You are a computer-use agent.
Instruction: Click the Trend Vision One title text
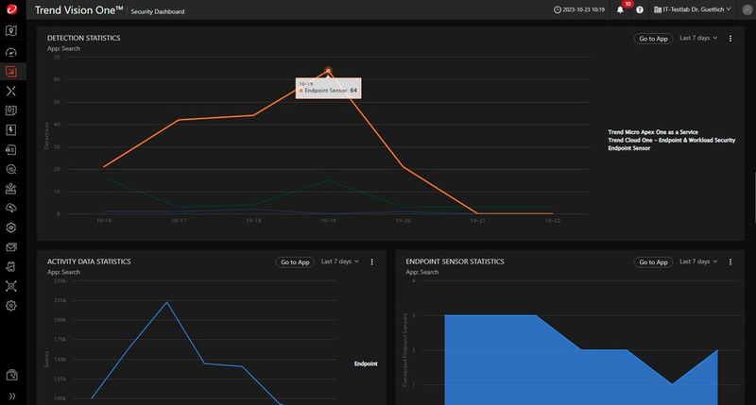click(79, 10)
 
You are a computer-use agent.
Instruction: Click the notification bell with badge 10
click(621, 9)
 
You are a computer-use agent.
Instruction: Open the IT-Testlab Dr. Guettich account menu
click(697, 9)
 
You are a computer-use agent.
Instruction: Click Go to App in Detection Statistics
click(653, 39)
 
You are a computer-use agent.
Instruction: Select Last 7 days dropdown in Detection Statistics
click(699, 39)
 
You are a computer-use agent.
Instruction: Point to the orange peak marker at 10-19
click(328, 70)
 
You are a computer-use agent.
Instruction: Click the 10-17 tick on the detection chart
click(179, 221)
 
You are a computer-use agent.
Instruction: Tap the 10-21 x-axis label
click(478, 221)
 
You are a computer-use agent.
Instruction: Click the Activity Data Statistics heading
click(89, 262)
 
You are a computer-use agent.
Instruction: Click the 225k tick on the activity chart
click(60, 300)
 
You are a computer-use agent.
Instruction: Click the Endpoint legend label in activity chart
click(366, 363)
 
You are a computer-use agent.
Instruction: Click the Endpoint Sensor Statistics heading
click(455, 262)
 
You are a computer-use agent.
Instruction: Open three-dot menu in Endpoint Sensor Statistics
click(730, 262)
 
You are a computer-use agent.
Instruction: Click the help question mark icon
click(640, 10)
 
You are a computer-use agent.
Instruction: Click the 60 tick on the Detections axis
click(58, 79)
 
